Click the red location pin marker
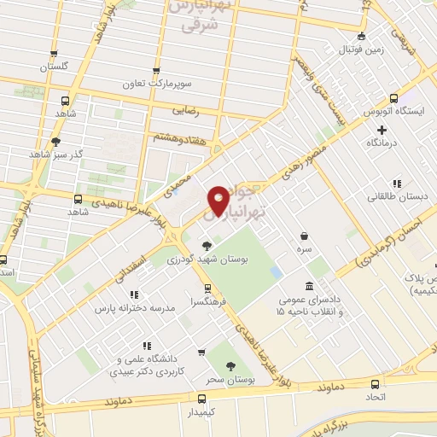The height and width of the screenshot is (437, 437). tap(218, 201)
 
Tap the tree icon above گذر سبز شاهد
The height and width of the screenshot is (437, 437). tap(56, 142)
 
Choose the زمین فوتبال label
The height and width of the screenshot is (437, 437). tap(362, 50)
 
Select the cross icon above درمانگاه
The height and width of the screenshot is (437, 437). tap(382, 131)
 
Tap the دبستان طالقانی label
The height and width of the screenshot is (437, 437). tap(391, 197)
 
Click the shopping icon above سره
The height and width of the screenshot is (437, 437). tap(305, 236)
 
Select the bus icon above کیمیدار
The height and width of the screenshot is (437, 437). tap(201, 399)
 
